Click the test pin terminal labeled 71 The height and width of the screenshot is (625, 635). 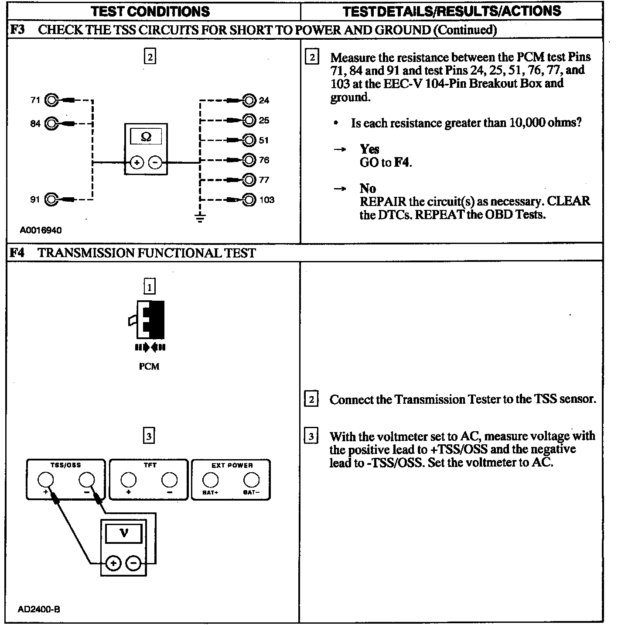pyautogui.click(x=51, y=100)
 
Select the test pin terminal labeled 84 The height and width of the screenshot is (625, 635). pyautogui.click(x=51, y=124)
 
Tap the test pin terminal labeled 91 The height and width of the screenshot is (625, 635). pyautogui.click(x=51, y=200)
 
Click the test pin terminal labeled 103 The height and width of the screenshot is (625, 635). pyautogui.click(x=249, y=200)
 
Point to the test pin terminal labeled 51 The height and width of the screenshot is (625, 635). pyautogui.click(x=249, y=140)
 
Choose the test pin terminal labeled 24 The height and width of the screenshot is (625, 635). pyautogui.click(x=249, y=100)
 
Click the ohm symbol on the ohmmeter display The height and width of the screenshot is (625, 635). pyautogui.click(x=146, y=137)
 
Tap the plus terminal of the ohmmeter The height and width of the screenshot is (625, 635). pyautogui.click(x=137, y=163)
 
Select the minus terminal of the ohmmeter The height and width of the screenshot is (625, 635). pyautogui.click(x=155, y=163)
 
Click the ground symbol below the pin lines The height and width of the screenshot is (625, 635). pyautogui.click(x=200, y=218)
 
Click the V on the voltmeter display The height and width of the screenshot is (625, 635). pyautogui.click(x=124, y=533)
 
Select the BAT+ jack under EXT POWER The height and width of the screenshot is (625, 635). pyautogui.click(x=210, y=480)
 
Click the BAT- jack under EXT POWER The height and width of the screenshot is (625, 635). pyautogui.click(x=251, y=480)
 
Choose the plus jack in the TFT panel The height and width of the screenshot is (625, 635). pyautogui.click(x=128, y=480)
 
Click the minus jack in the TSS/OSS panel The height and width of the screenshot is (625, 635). pyautogui.click(x=86, y=480)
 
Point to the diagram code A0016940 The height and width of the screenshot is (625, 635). pyautogui.click(x=41, y=230)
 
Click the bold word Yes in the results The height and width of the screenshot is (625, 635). pyautogui.click(x=369, y=149)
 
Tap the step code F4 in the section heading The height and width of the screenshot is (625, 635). pyautogui.click(x=17, y=253)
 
